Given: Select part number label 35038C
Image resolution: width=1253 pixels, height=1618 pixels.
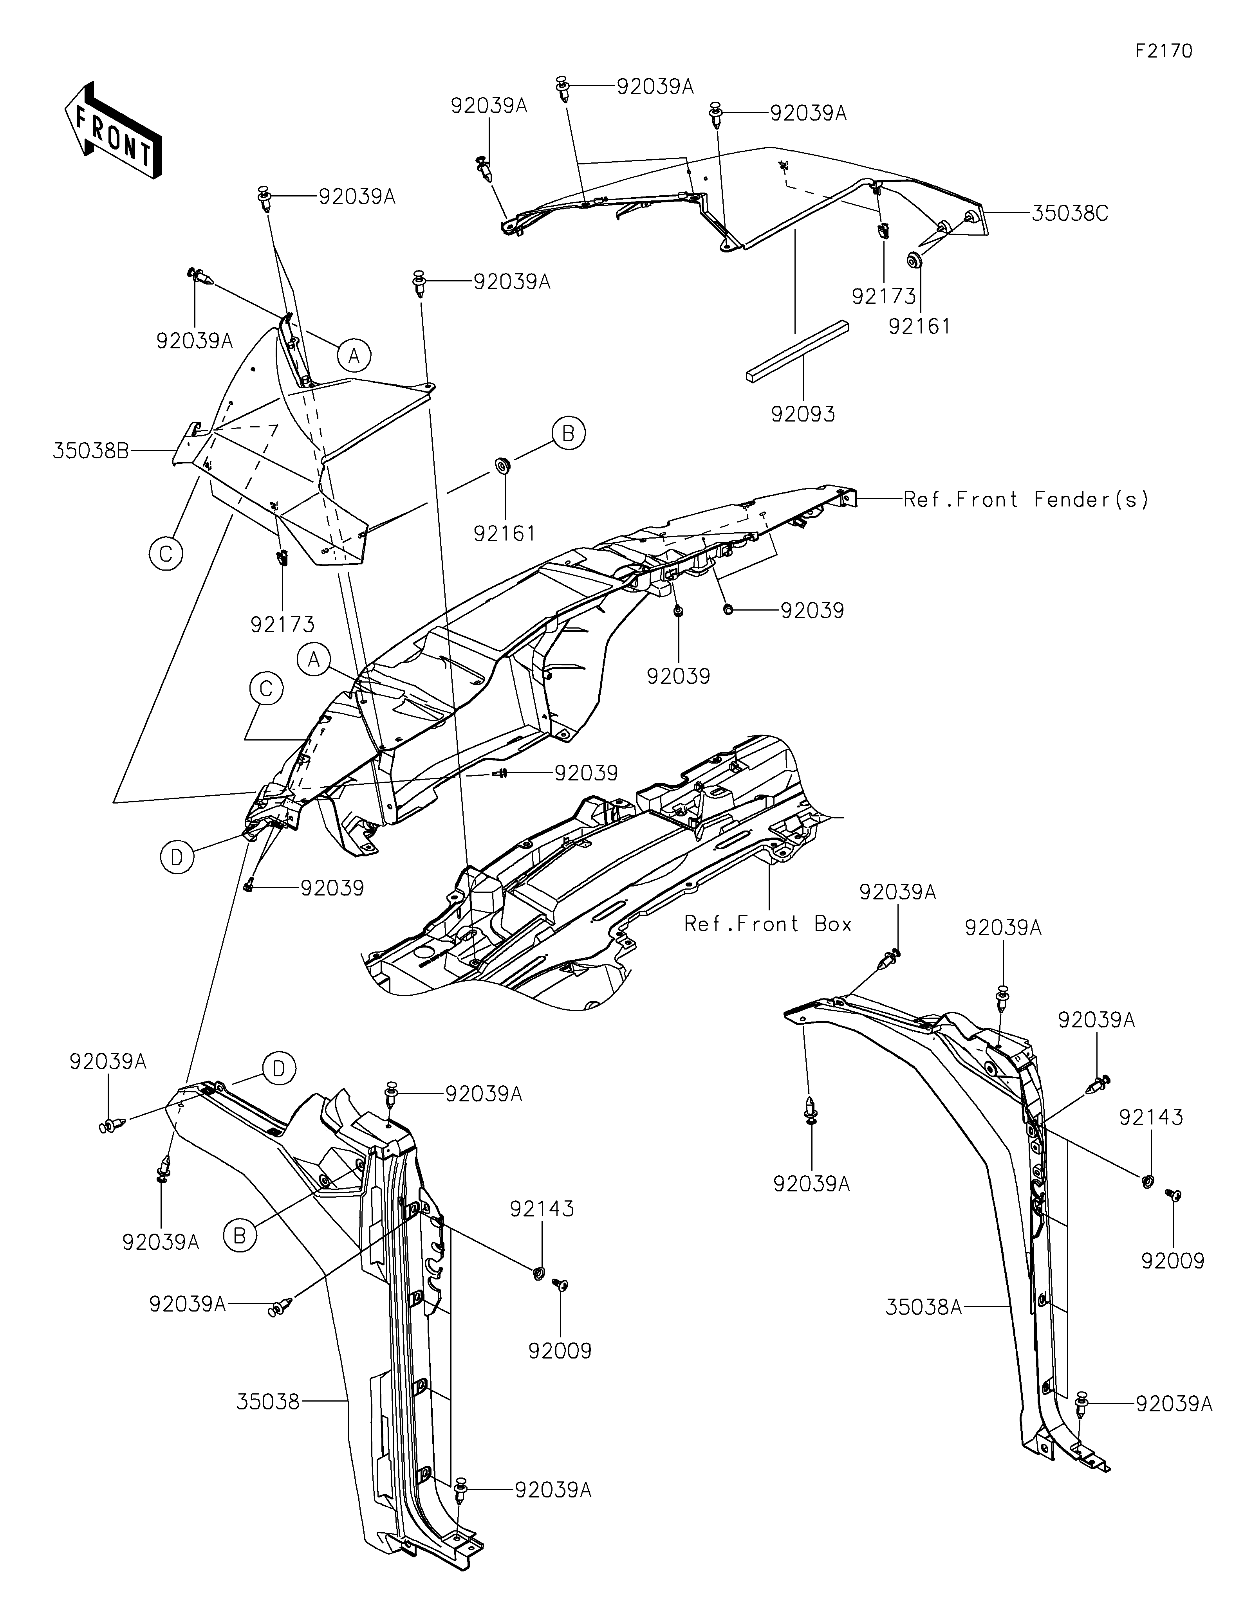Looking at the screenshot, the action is (1069, 213).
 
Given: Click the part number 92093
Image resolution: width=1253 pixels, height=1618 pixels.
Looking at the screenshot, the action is (803, 414).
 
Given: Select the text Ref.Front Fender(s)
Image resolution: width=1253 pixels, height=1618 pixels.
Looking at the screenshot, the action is (1026, 500).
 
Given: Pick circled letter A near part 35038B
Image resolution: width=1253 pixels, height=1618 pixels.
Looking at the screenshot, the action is (354, 356).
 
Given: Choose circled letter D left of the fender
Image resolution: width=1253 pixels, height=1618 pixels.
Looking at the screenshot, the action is (176, 858).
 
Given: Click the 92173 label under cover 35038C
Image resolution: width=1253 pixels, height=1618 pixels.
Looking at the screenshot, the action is (884, 296).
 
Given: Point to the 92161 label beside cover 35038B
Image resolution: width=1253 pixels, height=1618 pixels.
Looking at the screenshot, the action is (506, 533).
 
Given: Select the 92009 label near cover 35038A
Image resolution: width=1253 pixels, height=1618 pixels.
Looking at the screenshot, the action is (1173, 1261).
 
